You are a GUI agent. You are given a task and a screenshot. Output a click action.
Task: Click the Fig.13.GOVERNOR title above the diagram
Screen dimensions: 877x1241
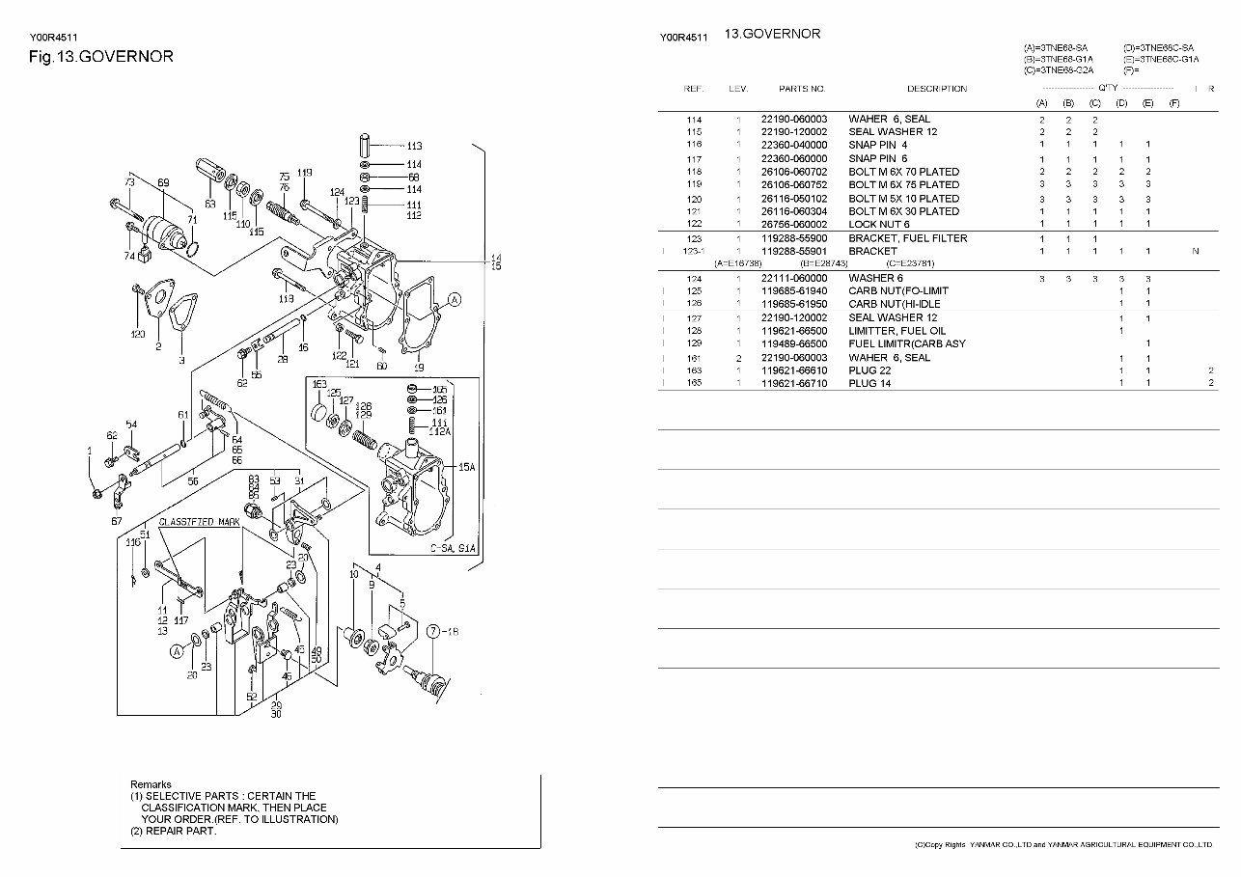(x=101, y=56)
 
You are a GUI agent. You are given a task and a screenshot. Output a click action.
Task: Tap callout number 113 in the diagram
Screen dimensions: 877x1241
(x=414, y=146)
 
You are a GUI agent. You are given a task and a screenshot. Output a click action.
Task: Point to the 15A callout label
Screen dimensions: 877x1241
(x=466, y=467)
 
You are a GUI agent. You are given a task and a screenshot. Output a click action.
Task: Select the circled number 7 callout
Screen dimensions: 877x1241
(x=433, y=631)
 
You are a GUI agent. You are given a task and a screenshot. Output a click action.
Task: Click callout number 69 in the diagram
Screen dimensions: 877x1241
(x=163, y=182)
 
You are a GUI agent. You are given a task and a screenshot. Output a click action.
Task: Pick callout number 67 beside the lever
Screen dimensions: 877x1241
(x=117, y=521)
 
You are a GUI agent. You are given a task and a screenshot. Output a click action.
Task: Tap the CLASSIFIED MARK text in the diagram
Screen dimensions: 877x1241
(x=200, y=521)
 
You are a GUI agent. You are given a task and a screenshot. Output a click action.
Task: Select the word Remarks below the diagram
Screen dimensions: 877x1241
(x=151, y=784)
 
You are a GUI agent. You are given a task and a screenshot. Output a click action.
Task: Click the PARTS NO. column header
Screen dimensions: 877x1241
(x=802, y=89)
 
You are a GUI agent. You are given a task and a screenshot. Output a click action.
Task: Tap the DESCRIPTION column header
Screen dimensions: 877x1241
(x=936, y=89)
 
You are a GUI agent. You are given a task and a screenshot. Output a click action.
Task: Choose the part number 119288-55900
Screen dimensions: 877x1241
(x=794, y=238)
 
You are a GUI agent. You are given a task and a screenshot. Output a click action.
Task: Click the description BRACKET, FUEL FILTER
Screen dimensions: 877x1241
(x=907, y=238)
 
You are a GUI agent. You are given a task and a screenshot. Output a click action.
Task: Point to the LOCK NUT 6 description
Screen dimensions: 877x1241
(x=879, y=225)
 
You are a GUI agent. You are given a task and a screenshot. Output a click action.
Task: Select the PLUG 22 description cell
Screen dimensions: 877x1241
(x=870, y=370)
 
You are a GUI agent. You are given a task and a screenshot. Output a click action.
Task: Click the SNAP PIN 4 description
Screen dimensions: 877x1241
(x=877, y=145)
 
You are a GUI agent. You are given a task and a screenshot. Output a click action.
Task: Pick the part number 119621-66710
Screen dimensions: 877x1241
(x=794, y=384)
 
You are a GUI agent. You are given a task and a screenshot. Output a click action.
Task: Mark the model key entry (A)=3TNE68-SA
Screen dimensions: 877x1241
(x=1056, y=47)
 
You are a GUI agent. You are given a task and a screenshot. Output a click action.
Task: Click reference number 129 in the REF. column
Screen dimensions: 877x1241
(x=694, y=344)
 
